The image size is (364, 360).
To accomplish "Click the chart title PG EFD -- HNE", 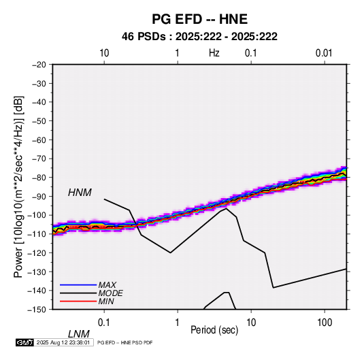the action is coord(199,19).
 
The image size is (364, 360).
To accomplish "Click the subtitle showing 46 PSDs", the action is coord(199,37).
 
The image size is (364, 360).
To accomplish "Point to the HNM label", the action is coord(80,193).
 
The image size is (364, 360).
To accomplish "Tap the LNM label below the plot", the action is coord(78,334).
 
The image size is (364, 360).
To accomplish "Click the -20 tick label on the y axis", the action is coord(39,65).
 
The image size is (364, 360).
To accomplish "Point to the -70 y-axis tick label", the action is coord(39,159).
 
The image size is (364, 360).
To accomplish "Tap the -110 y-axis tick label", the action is coord(37,234).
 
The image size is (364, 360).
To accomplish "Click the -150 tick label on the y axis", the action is coord(37,310).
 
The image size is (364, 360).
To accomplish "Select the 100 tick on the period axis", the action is coord(325,323).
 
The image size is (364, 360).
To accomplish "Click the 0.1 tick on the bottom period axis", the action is coord(104,323).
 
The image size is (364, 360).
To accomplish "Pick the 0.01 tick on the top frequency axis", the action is coord(324,53).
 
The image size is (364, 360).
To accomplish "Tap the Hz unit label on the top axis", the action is coord(214,53).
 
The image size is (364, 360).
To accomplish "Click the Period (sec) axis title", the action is coord(214,330).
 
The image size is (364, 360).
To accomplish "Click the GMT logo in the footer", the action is coord(24,342).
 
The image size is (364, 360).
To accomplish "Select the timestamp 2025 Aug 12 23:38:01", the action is coord(63,342).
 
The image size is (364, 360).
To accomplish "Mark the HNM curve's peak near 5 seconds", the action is coord(226,208).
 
